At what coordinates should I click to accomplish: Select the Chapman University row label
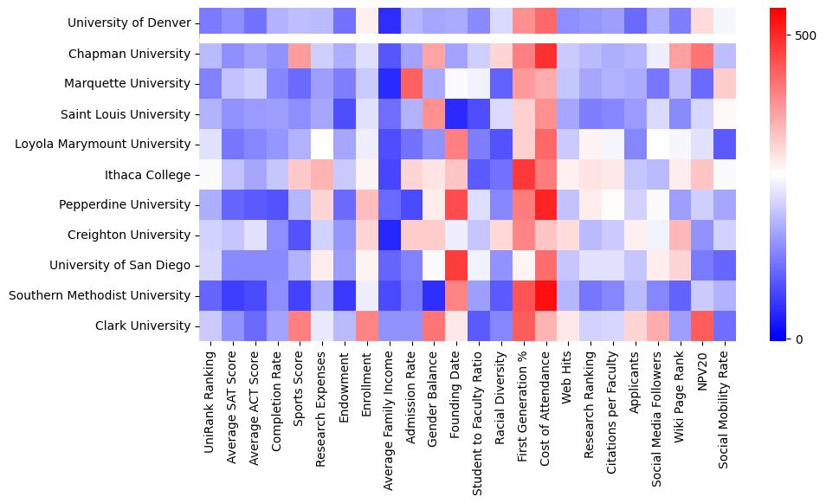click(130, 55)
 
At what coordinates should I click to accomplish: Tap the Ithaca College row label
click(146, 175)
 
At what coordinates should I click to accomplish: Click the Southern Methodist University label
click(100, 295)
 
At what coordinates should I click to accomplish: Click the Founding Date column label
click(455, 394)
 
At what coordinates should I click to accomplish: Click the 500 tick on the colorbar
click(805, 35)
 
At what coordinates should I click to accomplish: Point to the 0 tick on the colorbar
click(798, 339)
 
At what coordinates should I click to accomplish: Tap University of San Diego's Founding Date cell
click(455, 265)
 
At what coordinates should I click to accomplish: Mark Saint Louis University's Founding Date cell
click(455, 114)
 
